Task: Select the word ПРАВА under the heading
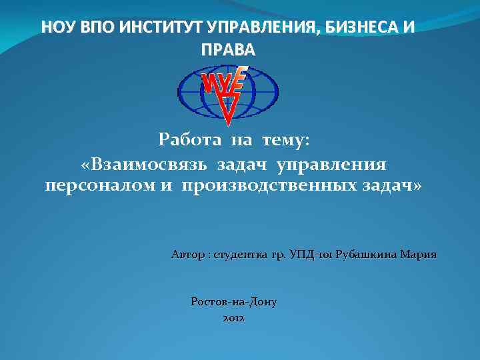(227, 50)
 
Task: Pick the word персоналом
(100, 185)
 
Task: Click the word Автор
(187, 255)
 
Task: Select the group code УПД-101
(311, 255)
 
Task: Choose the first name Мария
(421, 255)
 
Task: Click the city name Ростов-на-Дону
(233, 301)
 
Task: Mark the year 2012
(233, 319)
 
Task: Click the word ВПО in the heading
(89, 27)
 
